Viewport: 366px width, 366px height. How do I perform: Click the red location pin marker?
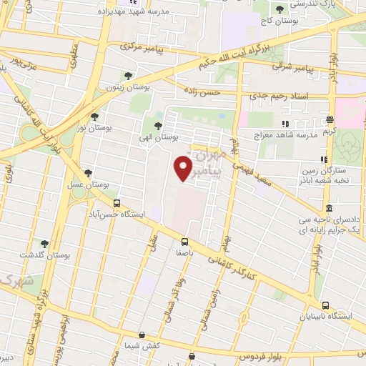coord(184,168)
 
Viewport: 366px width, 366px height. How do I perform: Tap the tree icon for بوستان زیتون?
coord(128,75)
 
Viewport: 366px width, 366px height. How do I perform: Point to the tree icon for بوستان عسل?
coord(88,172)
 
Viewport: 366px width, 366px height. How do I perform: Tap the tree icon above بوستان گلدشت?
coord(44,244)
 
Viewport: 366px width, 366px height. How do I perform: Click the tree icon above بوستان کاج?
coord(280,9)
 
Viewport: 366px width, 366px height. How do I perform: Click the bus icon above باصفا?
coord(184,242)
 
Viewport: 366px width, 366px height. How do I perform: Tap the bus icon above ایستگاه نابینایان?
coord(326,305)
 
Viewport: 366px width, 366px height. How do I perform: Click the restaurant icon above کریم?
coord(330,120)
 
